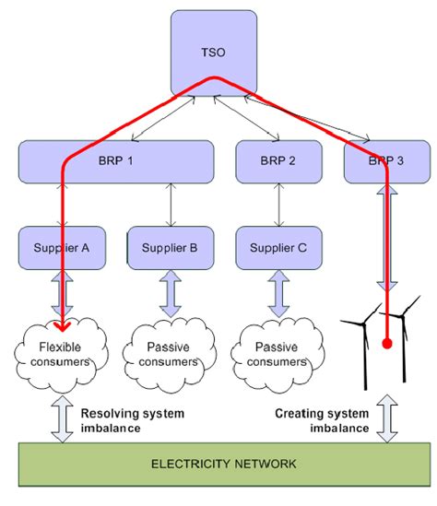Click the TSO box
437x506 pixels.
click(214, 53)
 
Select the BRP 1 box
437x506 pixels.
click(116, 161)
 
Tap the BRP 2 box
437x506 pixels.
click(278, 161)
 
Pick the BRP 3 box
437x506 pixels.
click(387, 161)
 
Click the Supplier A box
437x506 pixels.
click(62, 248)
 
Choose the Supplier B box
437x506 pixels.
click(171, 248)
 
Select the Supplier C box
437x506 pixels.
click(278, 248)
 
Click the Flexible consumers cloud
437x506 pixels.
click(61, 354)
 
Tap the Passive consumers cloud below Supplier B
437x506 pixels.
click(169, 354)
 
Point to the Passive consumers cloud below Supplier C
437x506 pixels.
click(278, 354)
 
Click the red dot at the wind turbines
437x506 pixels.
click(387, 344)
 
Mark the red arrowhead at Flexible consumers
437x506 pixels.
click(62, 326)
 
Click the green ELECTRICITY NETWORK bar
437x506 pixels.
click(224, 464)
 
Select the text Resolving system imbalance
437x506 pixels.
click(133, 420)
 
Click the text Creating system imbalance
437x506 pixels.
click(322, 420)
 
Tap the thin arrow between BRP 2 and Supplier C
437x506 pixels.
click(278, 205)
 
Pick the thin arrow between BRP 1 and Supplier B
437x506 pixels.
click(171, 205)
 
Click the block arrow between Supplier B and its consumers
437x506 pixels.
click(171, 294)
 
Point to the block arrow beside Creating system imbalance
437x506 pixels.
click(387, 418)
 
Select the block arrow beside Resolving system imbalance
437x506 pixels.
click(62, 418)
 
